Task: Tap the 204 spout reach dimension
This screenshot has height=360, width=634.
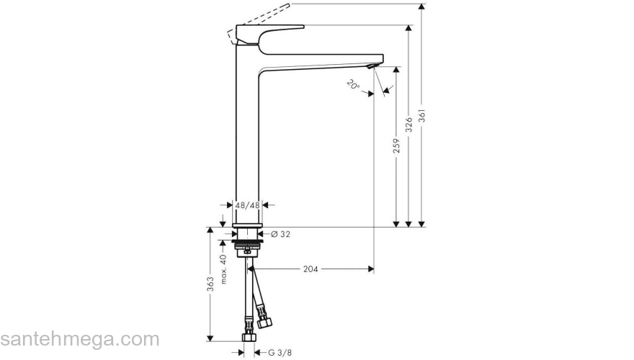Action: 311,269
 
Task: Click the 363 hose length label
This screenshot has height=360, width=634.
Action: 210,284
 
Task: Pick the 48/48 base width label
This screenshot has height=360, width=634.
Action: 248,205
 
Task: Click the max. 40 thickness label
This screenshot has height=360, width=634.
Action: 223,268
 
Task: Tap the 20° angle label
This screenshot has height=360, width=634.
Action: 352,84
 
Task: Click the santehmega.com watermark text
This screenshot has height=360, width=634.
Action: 79,338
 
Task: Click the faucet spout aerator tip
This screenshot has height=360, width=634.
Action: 371,67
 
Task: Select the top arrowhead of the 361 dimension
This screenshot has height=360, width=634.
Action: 423,7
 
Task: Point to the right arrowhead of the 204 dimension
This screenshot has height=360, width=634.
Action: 370,269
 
